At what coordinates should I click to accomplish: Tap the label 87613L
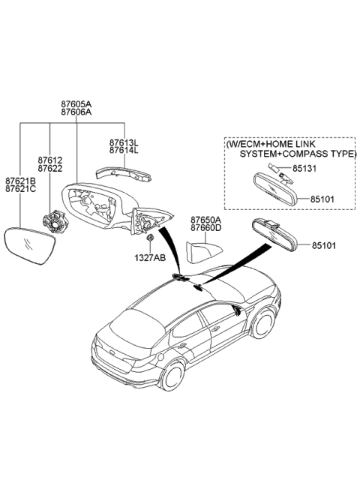(x=124, y=142)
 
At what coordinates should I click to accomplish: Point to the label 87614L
(x=124, y=151)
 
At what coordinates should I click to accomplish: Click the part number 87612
(x=49, y=160)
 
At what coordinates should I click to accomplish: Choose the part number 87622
(x=49, y=169)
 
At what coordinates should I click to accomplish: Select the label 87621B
(x=20, y=181)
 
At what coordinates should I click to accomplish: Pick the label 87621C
(x=20, y=190)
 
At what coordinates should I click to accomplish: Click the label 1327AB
(x=151, y=257)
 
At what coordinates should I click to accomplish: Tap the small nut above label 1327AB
(x=150, y=239)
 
